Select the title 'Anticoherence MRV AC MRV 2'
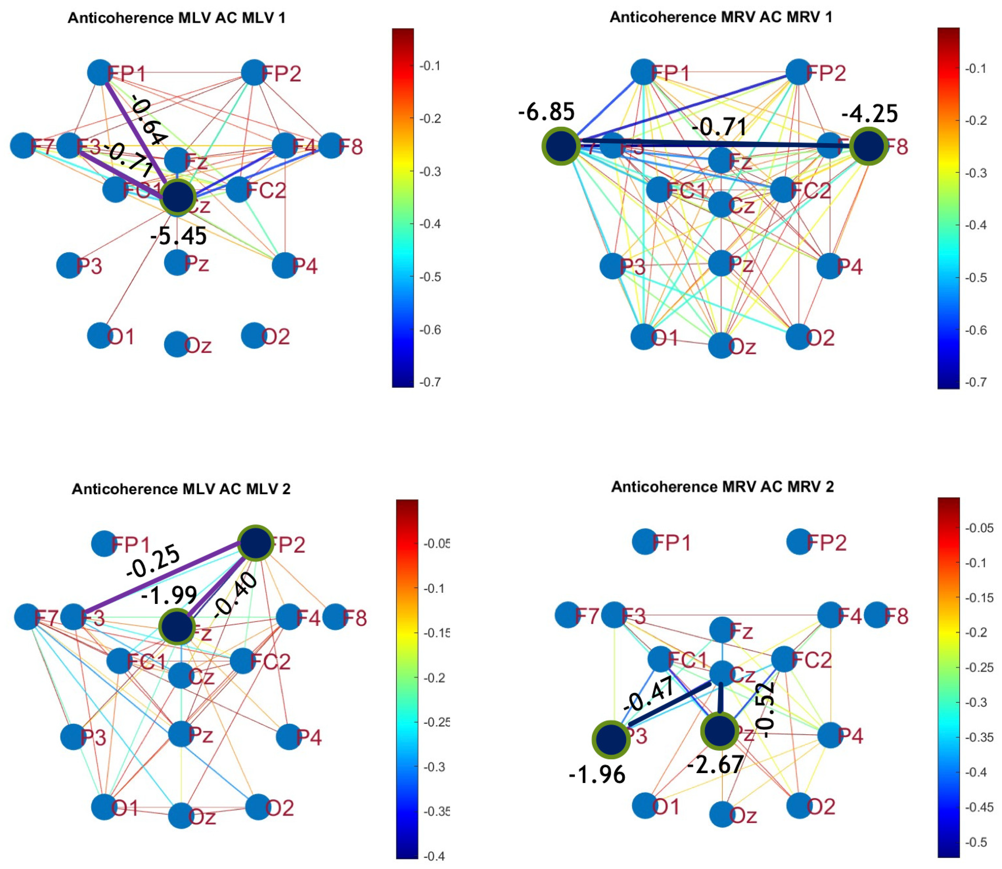(722, 486)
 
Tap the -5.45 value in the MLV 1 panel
(179, 236)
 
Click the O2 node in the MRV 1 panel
(798, 336)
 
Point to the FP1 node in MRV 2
(645, 542)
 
